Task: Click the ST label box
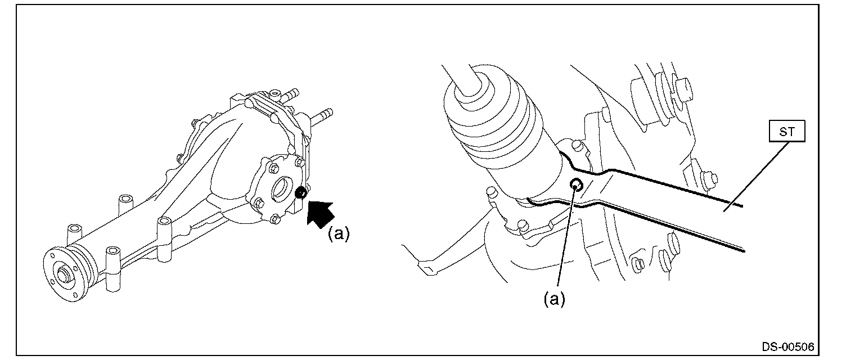(787, 131)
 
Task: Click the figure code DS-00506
(788, 346)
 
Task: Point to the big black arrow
(319, 214)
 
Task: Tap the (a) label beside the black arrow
(339, 234)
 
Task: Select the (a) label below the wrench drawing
(554, 299)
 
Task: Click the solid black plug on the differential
(301, 192)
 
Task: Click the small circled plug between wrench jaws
(576, 184)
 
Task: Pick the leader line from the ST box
(757, 176)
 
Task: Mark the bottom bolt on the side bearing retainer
(275, 219)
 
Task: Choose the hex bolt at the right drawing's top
(683, 91)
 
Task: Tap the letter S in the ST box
(782, 132)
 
